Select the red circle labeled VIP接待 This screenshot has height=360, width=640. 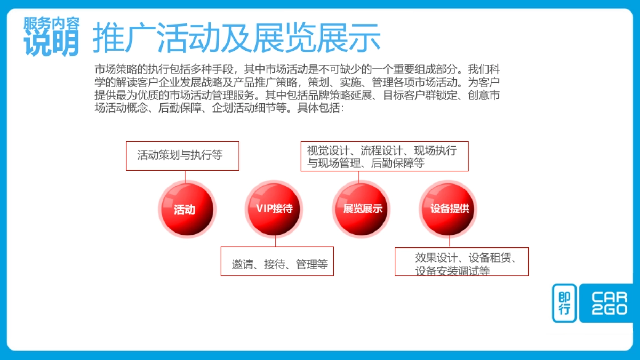[274, 209]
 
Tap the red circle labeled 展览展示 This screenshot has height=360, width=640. [362, 209]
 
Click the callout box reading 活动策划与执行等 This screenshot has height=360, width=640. [182, 156]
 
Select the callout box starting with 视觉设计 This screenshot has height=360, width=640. [385, 156]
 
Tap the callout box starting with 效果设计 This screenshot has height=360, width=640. [461, 261]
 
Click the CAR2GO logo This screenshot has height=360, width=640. [609, 303]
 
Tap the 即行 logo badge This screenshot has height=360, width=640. [564, 303]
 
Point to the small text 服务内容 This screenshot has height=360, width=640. [52, 22]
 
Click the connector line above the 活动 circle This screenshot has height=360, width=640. [185, 176]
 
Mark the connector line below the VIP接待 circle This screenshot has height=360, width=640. [276, 241]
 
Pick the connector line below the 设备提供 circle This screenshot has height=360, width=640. [449, 242]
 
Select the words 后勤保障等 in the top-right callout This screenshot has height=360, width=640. [397, 164]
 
